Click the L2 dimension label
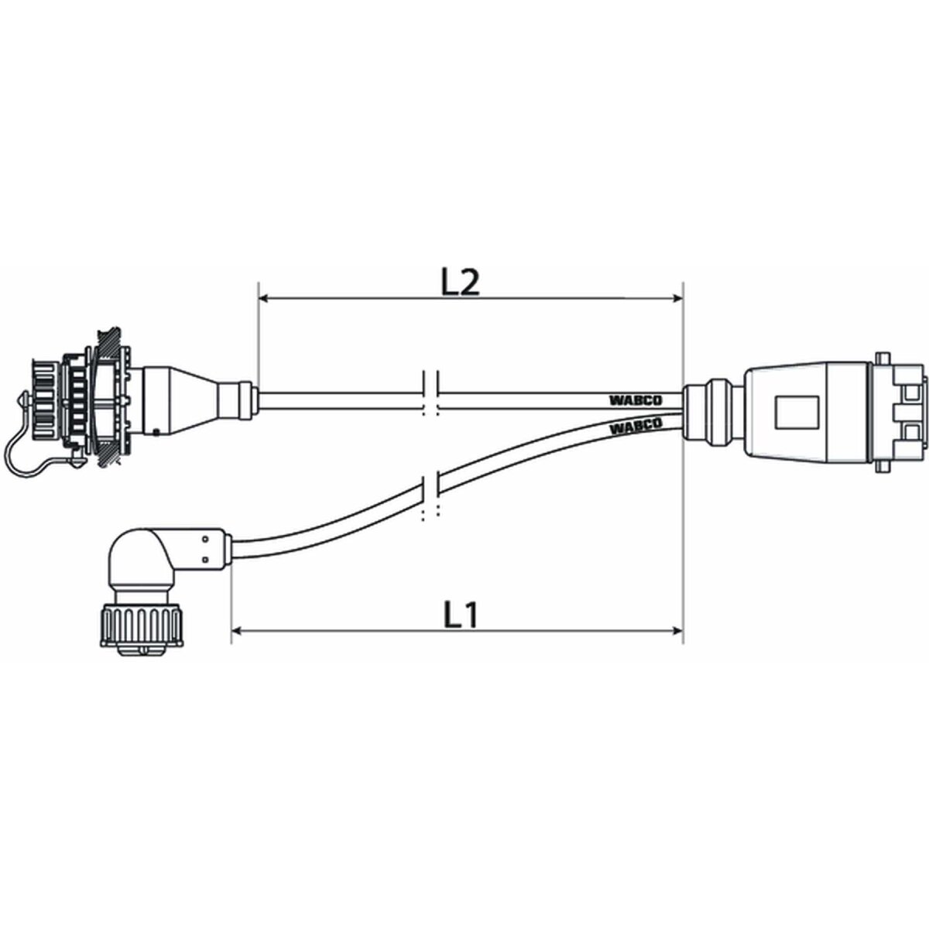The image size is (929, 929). (x=461, y=283)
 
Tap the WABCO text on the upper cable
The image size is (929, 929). (x=635, y=400)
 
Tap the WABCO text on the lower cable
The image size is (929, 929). (x=635, y=426)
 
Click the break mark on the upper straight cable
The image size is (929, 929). (x=432, y=394)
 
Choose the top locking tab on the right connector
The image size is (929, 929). (x=882, y=357)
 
